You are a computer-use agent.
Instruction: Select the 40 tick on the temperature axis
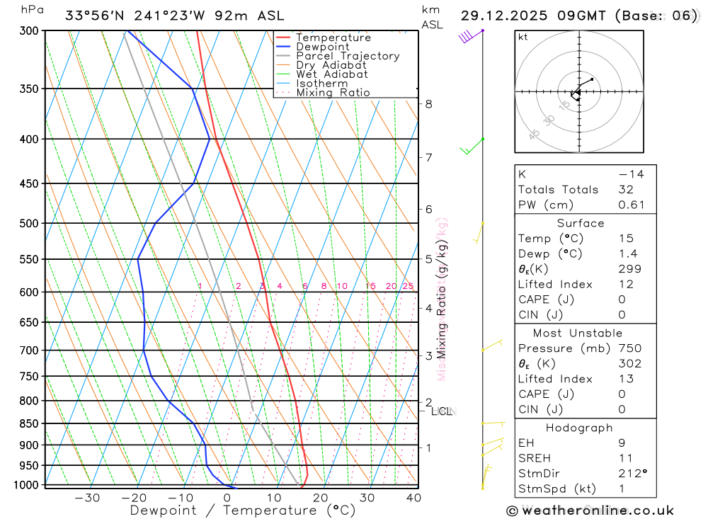point(413,498)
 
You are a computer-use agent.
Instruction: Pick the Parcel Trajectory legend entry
point(348,56)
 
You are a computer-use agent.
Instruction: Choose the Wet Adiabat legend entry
point(331,74)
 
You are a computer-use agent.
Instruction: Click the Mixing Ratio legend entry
point(333,93)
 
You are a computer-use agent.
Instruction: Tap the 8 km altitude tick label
point(428,104)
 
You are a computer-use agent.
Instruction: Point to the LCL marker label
point(441,411)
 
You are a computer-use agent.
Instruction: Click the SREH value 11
point(624,458)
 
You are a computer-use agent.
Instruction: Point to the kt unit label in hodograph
point(523,37)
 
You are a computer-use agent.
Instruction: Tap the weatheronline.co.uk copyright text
point(590,511)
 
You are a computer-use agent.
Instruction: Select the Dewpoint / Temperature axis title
point(242,511)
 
